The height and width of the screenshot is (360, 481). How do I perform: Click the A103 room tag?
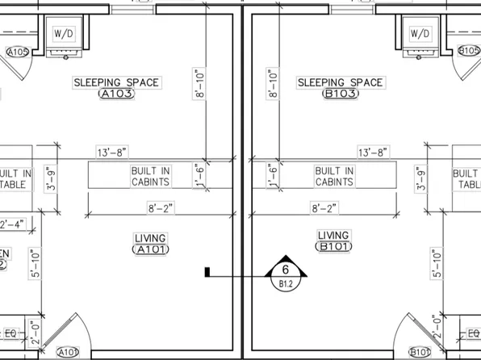(115, 94)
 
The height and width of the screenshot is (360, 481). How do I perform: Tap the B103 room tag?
(339, 94)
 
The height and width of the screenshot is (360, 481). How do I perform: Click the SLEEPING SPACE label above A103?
(116, 82)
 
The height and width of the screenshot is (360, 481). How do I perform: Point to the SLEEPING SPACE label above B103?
(340, 82)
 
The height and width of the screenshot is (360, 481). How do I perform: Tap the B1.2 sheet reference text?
(285, 284)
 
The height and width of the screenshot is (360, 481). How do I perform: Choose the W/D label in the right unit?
(420, 34)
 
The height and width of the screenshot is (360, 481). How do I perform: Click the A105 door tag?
(17, 52)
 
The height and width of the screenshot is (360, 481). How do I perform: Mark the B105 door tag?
(469, 51)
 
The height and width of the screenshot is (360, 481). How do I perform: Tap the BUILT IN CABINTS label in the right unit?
(333, 177)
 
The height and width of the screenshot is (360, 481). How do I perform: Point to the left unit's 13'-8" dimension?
(112, 152)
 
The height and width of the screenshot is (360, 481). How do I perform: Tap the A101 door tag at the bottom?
(68, 352)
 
